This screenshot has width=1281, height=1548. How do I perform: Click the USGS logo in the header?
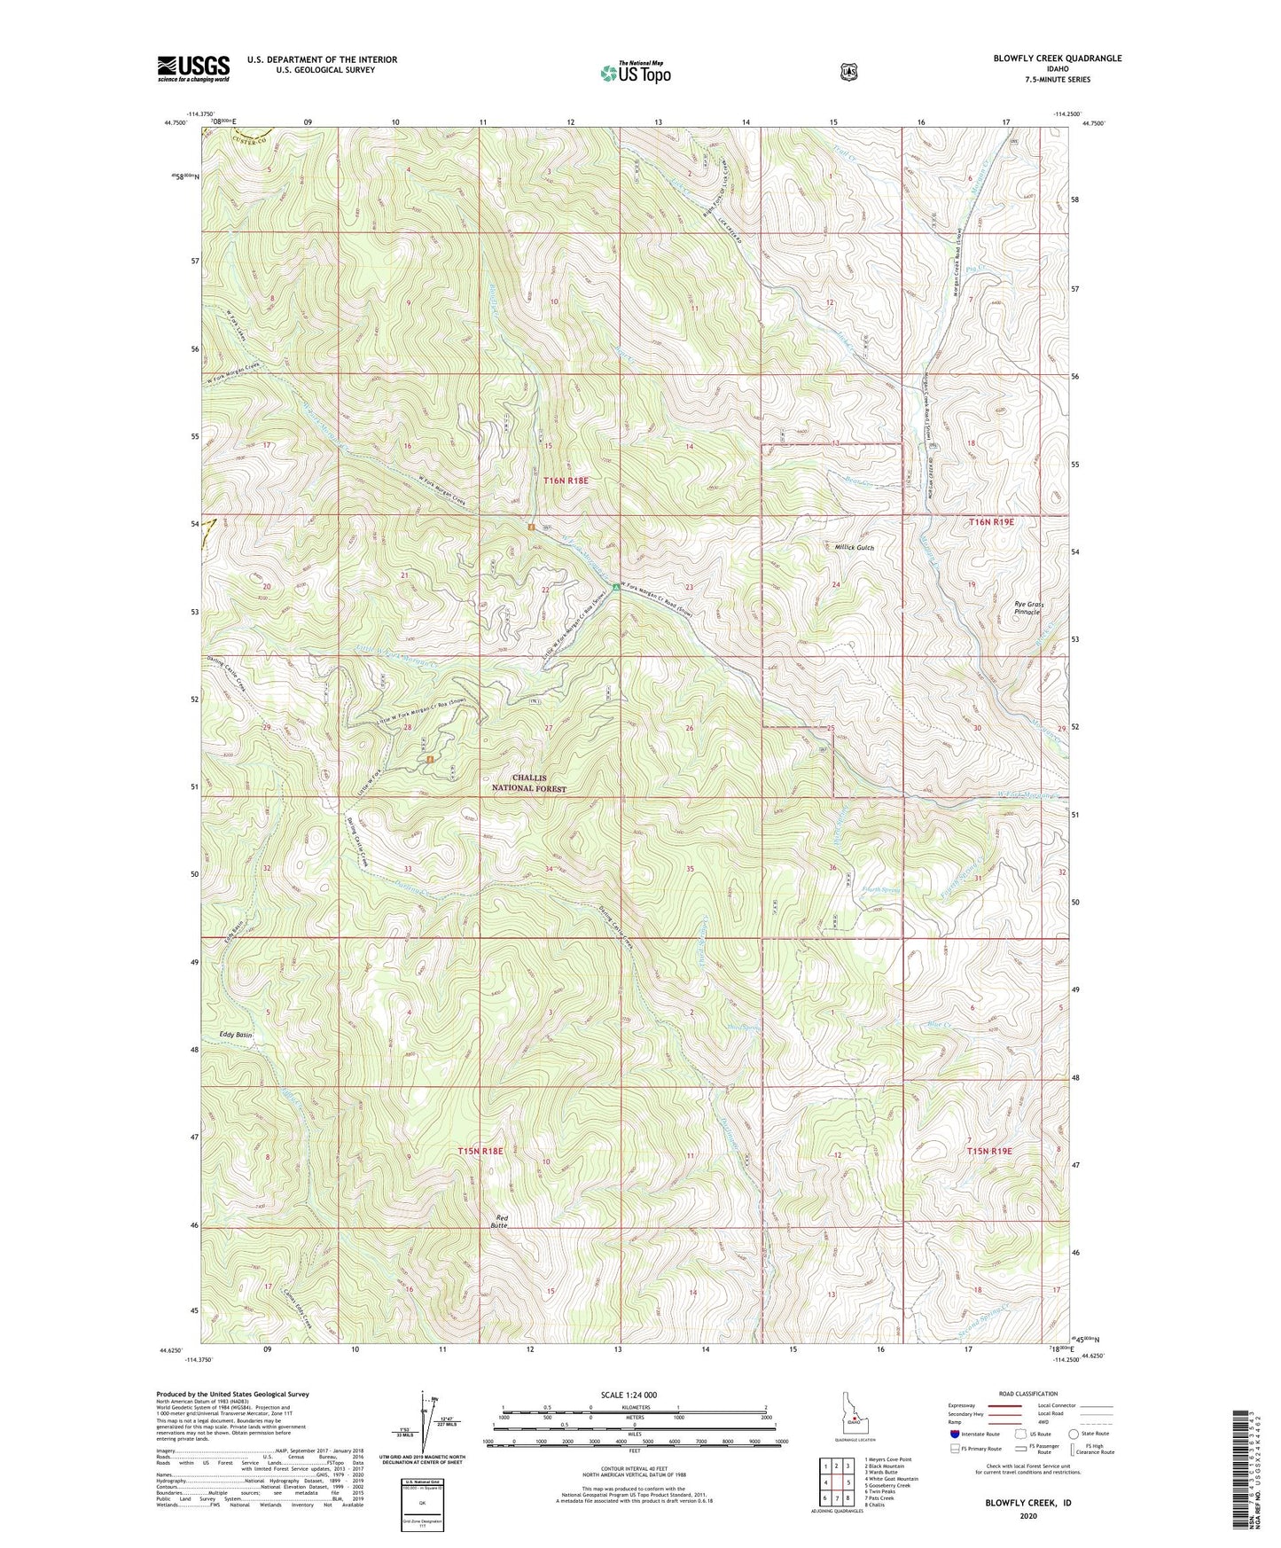point(193,68)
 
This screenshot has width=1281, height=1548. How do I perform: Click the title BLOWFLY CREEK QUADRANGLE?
point(1057,59)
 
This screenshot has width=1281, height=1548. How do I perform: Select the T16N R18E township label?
point(566,481)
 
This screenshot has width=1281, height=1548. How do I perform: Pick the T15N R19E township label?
point(989,1151)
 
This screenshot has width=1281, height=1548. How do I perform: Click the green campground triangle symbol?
point(615,587)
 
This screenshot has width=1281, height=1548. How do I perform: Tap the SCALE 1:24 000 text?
point(629,1395)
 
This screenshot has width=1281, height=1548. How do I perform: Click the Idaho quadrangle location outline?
point(853,1416)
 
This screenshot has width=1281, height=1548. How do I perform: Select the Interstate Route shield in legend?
point(954,1434)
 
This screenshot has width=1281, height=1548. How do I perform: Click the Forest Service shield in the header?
point(848,72)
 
